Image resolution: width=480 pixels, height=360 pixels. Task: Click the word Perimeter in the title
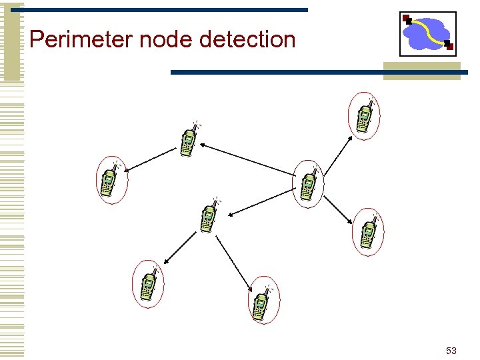[82, 40]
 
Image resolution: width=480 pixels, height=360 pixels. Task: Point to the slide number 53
[451, 351]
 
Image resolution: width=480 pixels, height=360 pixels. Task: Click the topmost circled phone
[365, 116]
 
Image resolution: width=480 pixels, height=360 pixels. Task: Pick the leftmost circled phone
[111, 180]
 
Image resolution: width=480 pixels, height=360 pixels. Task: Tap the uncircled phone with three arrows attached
[209, 215]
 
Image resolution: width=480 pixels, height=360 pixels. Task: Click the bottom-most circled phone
[263, 301]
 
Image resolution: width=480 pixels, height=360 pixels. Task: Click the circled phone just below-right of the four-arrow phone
[369, 231]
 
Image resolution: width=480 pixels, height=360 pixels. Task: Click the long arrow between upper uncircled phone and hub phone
[247, 159]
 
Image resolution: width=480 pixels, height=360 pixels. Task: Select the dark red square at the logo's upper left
[407, 19]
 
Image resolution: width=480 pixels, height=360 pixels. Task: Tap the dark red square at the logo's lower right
[449, 47]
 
